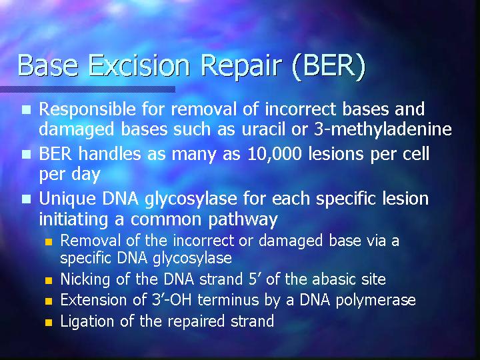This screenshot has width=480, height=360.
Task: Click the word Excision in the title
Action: (x=139, y=65)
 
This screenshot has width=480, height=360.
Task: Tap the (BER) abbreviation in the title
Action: (x=329, y=67)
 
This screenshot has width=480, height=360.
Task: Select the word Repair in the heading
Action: (x=241, y=67)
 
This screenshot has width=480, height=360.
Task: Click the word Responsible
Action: (x=87, y=109)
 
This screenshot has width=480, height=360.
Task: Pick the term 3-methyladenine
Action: (x=383, y=129)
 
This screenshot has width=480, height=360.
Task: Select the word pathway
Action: (x=243, y=220)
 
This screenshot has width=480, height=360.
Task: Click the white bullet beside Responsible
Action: (x=26, y=109)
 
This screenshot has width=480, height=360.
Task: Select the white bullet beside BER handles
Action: (x=26, y=154)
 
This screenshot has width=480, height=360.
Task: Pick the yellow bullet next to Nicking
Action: (x=49, y=281)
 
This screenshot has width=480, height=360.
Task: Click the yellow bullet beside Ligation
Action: (x=49, y=323)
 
